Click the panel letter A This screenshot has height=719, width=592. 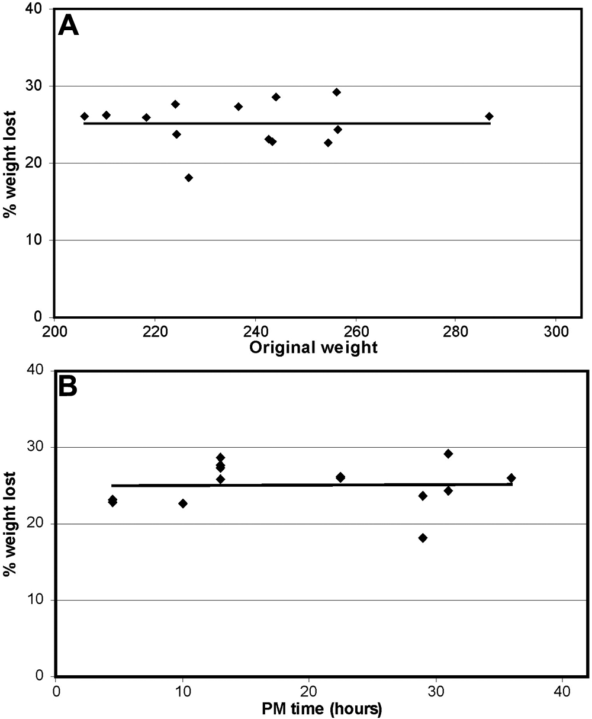[x=68, y=26]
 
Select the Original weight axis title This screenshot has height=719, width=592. [x=313, y=348]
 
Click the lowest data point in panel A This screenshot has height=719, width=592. [x=189, y=178]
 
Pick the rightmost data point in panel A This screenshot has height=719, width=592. [x=489, y=116]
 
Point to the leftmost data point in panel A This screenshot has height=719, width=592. [x=85, y=116]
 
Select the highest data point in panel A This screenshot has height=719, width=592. [x=336, y=92]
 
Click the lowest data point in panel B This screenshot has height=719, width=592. [x=423, y=538]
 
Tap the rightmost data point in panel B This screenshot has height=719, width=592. [x=511, y=478]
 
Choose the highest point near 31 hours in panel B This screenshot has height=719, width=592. [x=448, y=454]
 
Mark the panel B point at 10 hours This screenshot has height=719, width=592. [x=183, y=503]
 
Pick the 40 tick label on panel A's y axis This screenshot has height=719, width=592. [x=40, y=9]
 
